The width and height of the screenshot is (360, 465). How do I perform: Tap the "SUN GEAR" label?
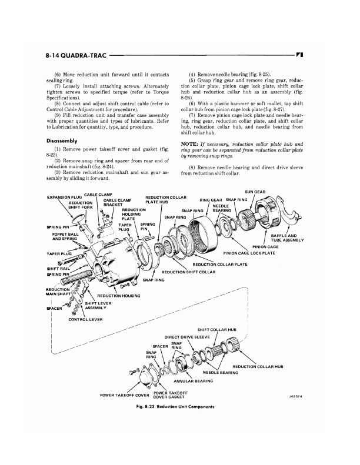tap(255, 192)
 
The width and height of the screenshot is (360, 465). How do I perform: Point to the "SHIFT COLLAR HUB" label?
tap(217, 330)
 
